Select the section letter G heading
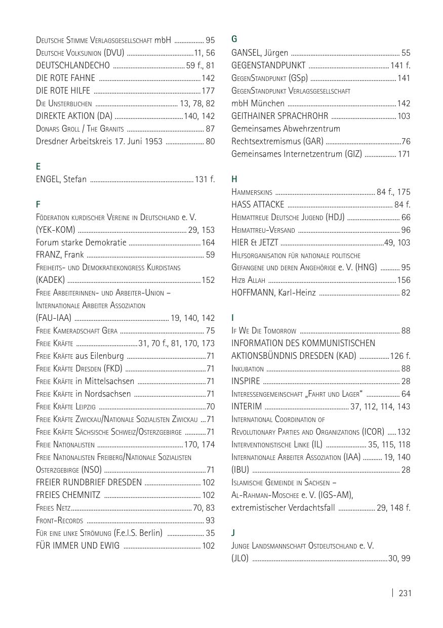tap(234, 39)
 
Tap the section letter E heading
tap(38, 166)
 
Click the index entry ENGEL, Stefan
tap(61, 179)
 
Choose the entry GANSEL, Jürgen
tap(260, 53)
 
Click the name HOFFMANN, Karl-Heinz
tap(273, 292)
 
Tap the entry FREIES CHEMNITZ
tap(68, 495)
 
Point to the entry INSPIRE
tap(246, 381)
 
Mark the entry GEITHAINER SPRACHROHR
tap(279, 116)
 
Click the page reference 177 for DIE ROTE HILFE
tap(208, 91)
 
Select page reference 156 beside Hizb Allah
tap(404, 280)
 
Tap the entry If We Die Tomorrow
tap(264, 331)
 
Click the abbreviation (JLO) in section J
tap(240, 558)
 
